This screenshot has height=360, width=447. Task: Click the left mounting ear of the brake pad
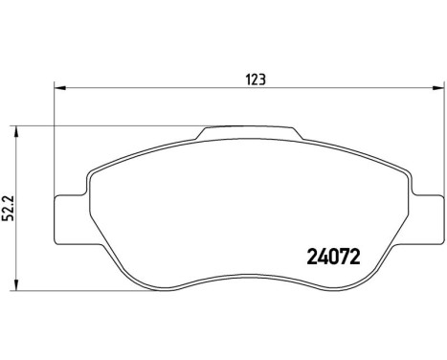pyautogui.click(x=69, y=218)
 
